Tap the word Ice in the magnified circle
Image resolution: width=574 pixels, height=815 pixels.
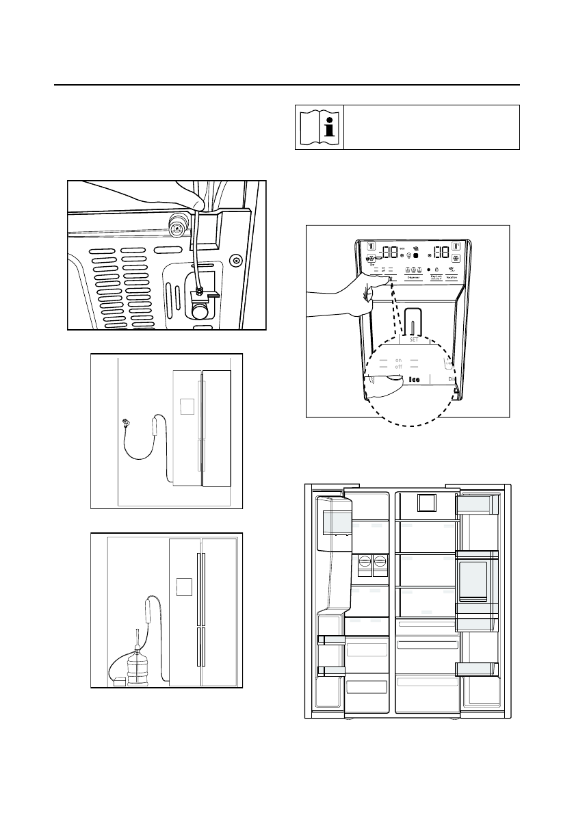point(415,378)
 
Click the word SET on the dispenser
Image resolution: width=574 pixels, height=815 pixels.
point(414,340)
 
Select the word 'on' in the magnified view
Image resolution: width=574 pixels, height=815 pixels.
point(398,360)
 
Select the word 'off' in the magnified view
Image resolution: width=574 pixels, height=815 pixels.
point(398,368)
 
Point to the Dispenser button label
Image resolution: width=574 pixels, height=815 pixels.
point(413,277)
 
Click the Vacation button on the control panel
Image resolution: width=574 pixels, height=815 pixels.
point(452,277)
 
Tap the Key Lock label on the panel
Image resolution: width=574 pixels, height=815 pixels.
point(434,277)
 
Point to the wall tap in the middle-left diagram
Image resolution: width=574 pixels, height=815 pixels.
point(127,422)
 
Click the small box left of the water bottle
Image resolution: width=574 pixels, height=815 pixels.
point(120,682)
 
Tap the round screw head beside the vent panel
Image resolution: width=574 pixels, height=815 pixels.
point(236,260)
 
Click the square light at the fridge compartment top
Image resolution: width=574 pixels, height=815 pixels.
point(426,504)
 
